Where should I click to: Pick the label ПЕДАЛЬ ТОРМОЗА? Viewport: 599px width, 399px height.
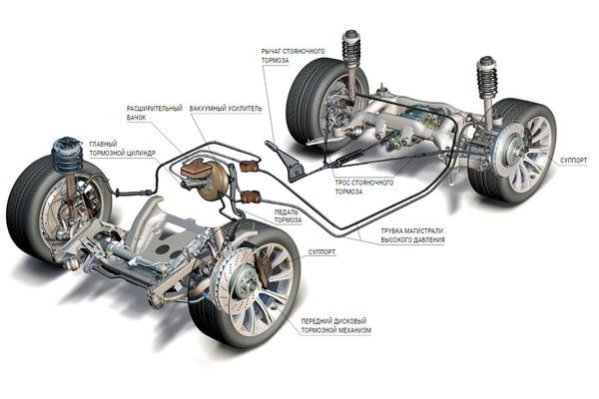[x=273, y=216]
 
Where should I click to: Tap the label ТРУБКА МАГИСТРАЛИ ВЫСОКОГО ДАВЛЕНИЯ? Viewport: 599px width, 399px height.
[x=411, y=236]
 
